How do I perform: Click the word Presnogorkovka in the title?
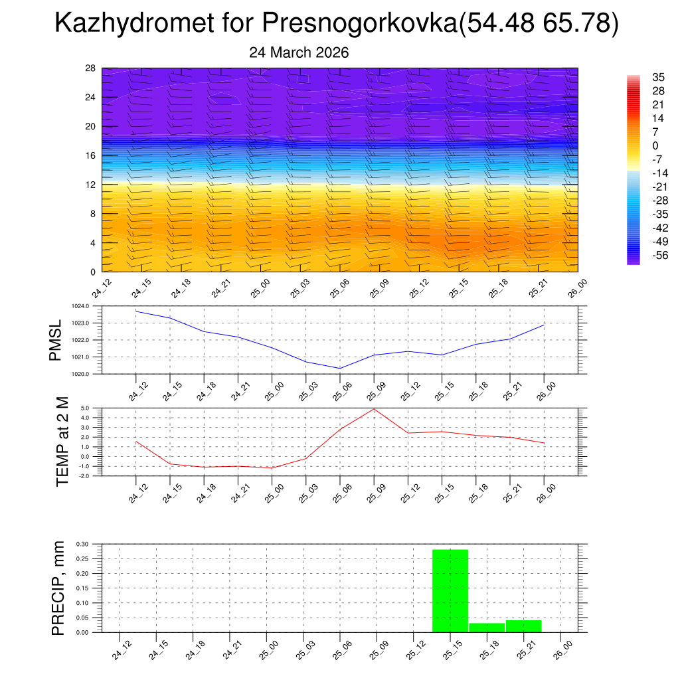click(359, 24)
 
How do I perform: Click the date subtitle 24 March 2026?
click(299, 52)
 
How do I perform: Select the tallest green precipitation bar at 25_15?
click(450, 590)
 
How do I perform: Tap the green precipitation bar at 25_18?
click(487, 628)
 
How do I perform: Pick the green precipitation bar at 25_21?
click(523, 626)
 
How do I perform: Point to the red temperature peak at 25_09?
click(374, 408)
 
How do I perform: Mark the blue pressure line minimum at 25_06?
click(340, 368)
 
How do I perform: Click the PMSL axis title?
click(55, 341)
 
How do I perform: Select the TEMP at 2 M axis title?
click(62, 442)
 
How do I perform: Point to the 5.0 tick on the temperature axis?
click(86, 408)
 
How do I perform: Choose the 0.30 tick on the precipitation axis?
click(82, 544)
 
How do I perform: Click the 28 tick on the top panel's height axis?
click(91, 68)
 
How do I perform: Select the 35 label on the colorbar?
click(659, 77)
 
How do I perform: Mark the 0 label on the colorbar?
click(655, 145)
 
